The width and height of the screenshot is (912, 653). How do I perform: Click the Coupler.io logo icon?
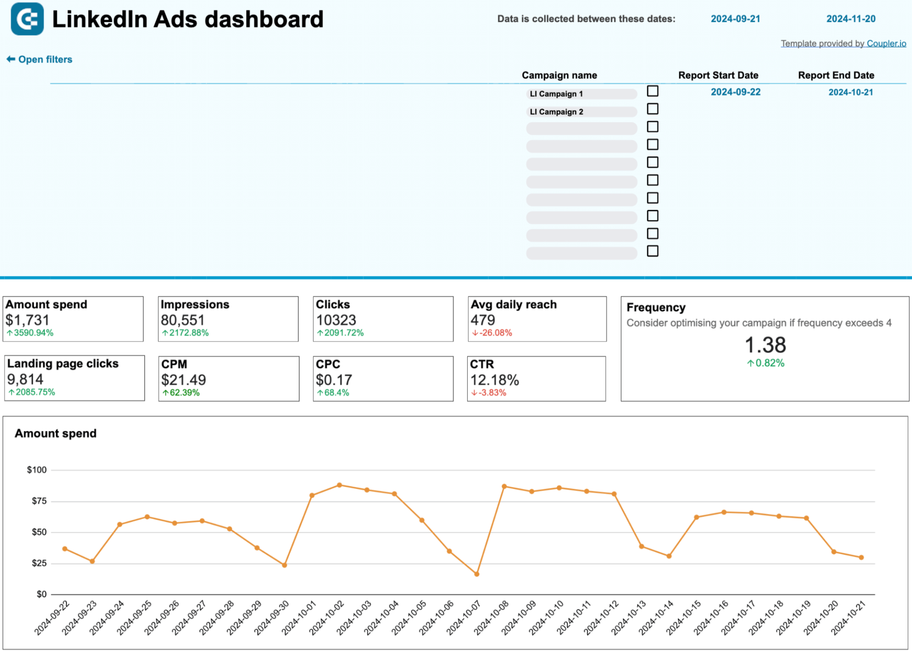pos(27,19)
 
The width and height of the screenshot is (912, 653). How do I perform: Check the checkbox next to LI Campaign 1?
pos(652,91)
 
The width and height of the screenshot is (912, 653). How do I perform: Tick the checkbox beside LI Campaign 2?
pos(652,109)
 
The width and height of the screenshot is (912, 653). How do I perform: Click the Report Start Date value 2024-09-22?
pos(735,92)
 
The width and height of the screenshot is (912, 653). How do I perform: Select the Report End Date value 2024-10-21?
pos(850,92)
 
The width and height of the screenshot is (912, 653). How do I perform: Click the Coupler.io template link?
pos(886,43)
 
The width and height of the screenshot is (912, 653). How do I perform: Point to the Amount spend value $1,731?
pos(27,320)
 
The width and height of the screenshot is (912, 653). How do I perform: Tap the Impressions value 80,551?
pos(183,320)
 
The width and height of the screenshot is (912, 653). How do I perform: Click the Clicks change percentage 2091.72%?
pos(343,333)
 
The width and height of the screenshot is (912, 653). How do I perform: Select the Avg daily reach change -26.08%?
pos(495,333)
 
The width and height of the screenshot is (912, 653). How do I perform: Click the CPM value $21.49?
pos(183,380)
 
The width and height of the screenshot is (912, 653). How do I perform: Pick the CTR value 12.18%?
pos(494,380)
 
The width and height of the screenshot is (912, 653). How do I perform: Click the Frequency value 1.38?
pos(765,345)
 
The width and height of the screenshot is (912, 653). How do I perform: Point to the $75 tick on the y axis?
pos(39,501)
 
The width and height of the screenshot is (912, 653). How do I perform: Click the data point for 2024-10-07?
pos(476,574)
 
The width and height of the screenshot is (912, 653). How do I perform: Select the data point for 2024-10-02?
pos(339,485)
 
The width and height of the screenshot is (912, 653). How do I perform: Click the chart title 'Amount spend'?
pos(55,434)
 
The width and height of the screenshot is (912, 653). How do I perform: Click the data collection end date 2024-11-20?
pos(851,19)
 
